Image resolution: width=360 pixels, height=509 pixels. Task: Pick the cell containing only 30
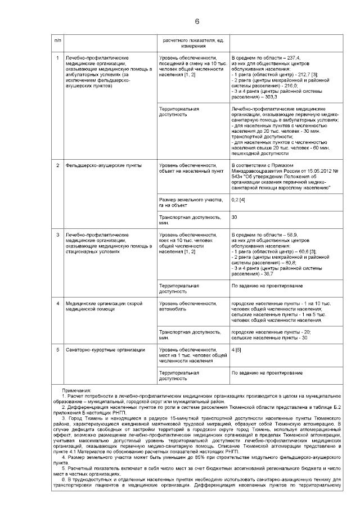(x=235, y=217)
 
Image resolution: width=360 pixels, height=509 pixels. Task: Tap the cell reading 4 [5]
(x=236, y=350)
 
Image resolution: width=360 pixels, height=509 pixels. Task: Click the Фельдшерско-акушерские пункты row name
(x=95, y=165)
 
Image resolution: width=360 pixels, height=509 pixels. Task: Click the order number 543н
(x=239, y=177)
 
